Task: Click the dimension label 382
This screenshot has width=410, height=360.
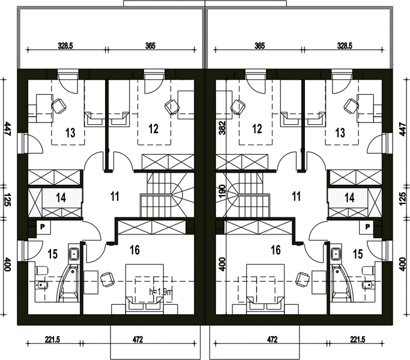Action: (222, 128)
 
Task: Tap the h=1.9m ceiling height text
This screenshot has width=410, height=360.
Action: (161, 292)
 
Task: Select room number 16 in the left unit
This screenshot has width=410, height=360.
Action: (134, 250)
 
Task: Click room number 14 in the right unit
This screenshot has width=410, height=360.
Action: (349, 197)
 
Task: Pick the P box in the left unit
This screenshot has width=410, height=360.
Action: (42, 227)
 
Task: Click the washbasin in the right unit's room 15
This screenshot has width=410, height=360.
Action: (336, 253)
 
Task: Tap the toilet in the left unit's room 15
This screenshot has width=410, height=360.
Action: (42, 271)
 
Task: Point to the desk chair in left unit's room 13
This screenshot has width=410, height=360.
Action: (59, 106)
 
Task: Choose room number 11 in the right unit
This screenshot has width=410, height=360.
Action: (297, 196)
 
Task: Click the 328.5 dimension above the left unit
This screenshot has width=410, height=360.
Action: (65, 46)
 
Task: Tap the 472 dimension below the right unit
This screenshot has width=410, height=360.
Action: (272, 340)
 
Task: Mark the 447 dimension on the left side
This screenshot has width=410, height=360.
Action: (7, 128)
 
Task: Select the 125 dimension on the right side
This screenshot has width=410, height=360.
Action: (403, 199)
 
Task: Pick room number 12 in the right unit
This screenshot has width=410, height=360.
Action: (257, 128)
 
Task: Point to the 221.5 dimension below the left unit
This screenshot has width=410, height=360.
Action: (53, 340)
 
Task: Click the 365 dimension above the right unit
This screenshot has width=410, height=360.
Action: (260, 46)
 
